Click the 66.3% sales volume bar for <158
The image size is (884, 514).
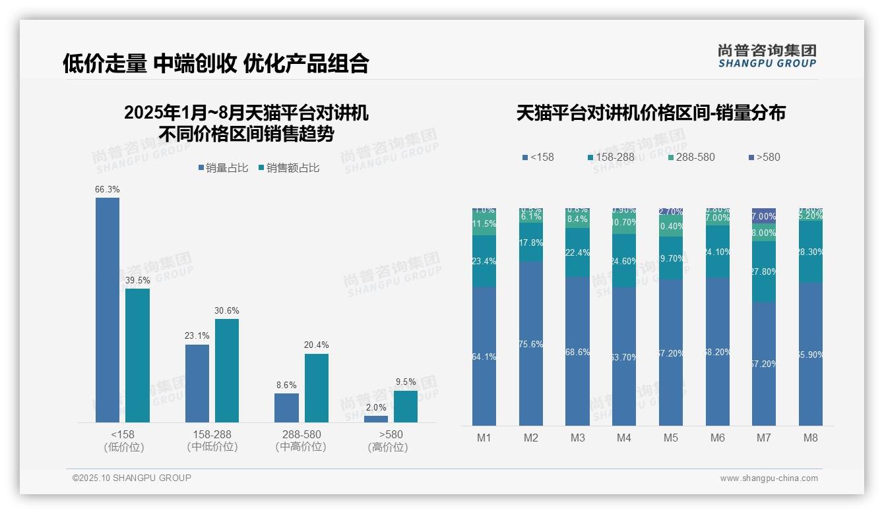click(x=108, y=310)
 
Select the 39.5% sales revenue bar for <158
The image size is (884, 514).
click(x=137, y=355)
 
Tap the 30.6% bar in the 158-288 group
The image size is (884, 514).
click(x=227, y=370)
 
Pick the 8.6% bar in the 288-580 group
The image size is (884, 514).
click(x=286, y=408)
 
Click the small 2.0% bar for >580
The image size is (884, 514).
click(x=376, y=419)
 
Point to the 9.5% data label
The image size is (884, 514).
click(x=406, y=382)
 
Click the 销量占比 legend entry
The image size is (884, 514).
click(x=222, y=168)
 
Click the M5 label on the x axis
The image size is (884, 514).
click(x=671, y=438)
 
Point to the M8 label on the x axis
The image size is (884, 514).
click(x=811, y=438)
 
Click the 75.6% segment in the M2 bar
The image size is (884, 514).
click(x=531, y=343)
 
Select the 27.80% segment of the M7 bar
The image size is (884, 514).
click(x=764, y=271)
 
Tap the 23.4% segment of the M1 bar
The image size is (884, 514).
click(x=484, y=261)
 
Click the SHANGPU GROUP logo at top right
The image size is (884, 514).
click(x=767, y=56)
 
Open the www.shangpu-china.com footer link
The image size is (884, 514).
click(x=769, y=478)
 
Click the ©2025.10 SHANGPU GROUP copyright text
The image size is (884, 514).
click(x=132, y=478)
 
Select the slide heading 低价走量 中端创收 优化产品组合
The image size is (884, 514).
click(x=216, y=63)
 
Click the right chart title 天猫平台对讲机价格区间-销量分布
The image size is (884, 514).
click(x=650, y=113)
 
